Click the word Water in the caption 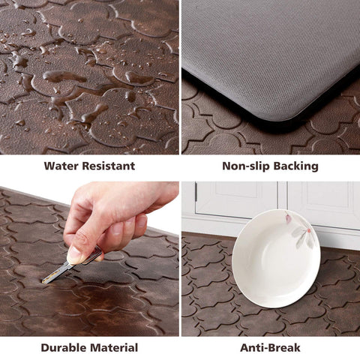[x=62, y=166]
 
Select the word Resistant [x=109, y=166]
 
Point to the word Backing [x=295, y=166]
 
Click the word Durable [x=65, y=347]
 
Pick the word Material [x=114, y=347]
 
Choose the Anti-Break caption [x=269, y=347]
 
